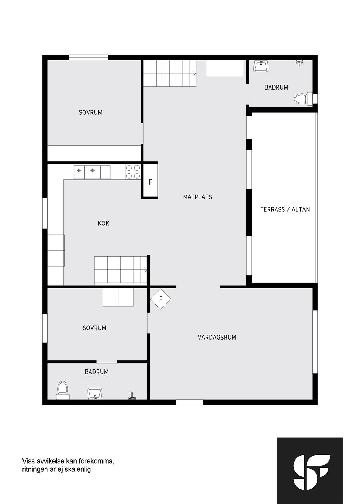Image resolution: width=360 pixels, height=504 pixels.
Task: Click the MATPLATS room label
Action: (197, 197)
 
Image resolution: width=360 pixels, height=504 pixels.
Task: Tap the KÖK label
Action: (103, 223)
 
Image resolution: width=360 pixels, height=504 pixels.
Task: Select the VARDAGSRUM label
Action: (217, 337)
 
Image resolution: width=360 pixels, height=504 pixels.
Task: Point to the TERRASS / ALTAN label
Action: (285, 209)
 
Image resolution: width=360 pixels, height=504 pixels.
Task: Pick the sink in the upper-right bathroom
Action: (261, 66)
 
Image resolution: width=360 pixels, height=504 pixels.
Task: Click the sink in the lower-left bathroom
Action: (95, 394)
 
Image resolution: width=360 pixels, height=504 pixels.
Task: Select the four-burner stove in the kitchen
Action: (133, 172)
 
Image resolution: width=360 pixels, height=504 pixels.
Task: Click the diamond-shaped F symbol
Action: (161, 299)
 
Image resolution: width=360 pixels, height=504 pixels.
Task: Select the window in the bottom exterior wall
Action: (189, 402)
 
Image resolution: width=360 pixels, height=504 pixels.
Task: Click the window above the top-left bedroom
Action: (88, 57)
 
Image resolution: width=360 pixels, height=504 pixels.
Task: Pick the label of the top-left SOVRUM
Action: (90, 112)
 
